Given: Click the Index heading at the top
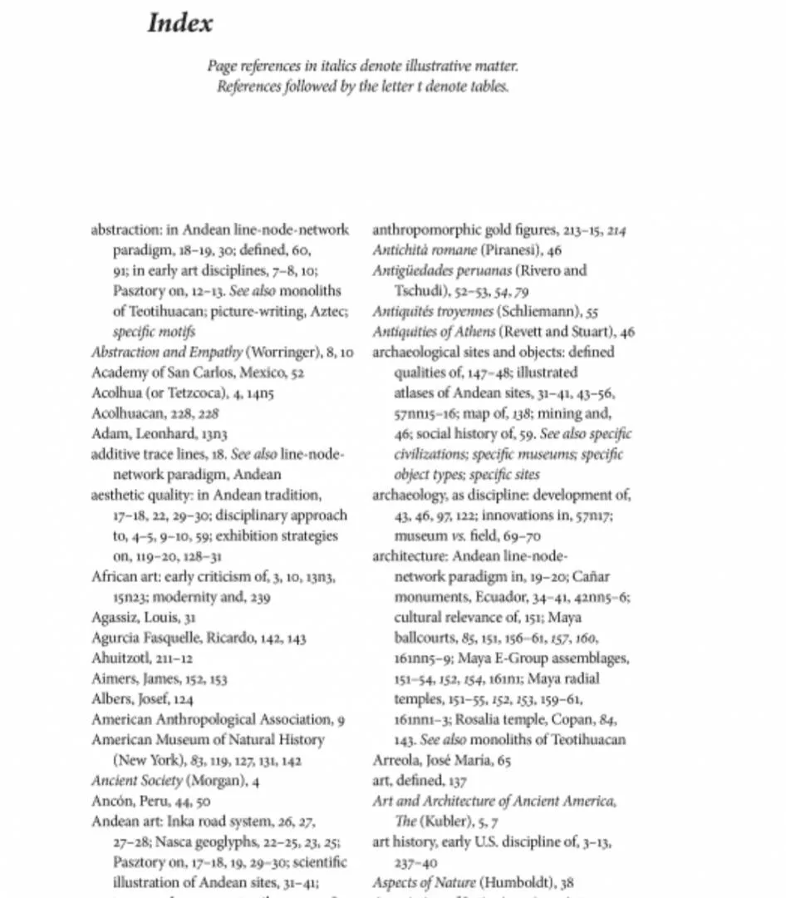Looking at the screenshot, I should (x=180, y=23).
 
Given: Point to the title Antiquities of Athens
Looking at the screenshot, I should (x=423, y=332).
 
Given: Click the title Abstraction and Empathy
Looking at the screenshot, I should (x=166, y=353).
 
